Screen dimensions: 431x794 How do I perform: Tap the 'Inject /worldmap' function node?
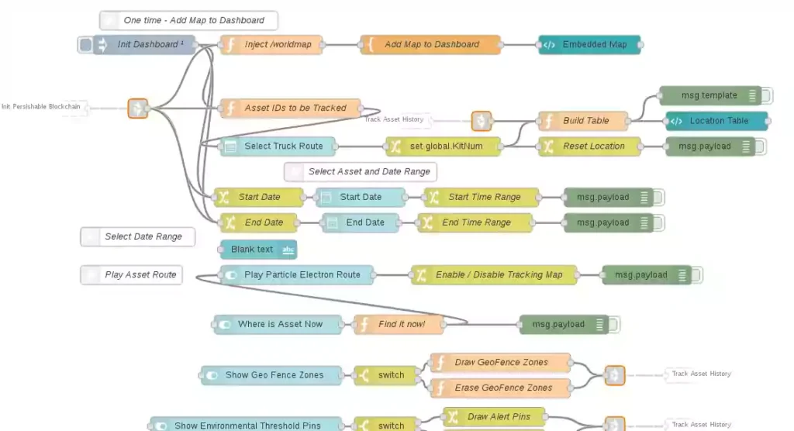tap(271, 45)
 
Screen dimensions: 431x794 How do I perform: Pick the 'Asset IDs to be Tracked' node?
tap(292, 109)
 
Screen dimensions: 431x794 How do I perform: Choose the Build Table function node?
tap(585, 121)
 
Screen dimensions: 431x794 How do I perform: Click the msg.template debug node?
tap(709, 95)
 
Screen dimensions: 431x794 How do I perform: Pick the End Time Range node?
tap(475, 223)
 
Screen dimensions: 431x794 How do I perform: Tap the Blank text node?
tap(258, 250)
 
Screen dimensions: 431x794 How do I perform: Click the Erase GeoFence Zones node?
tap(502, 388)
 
